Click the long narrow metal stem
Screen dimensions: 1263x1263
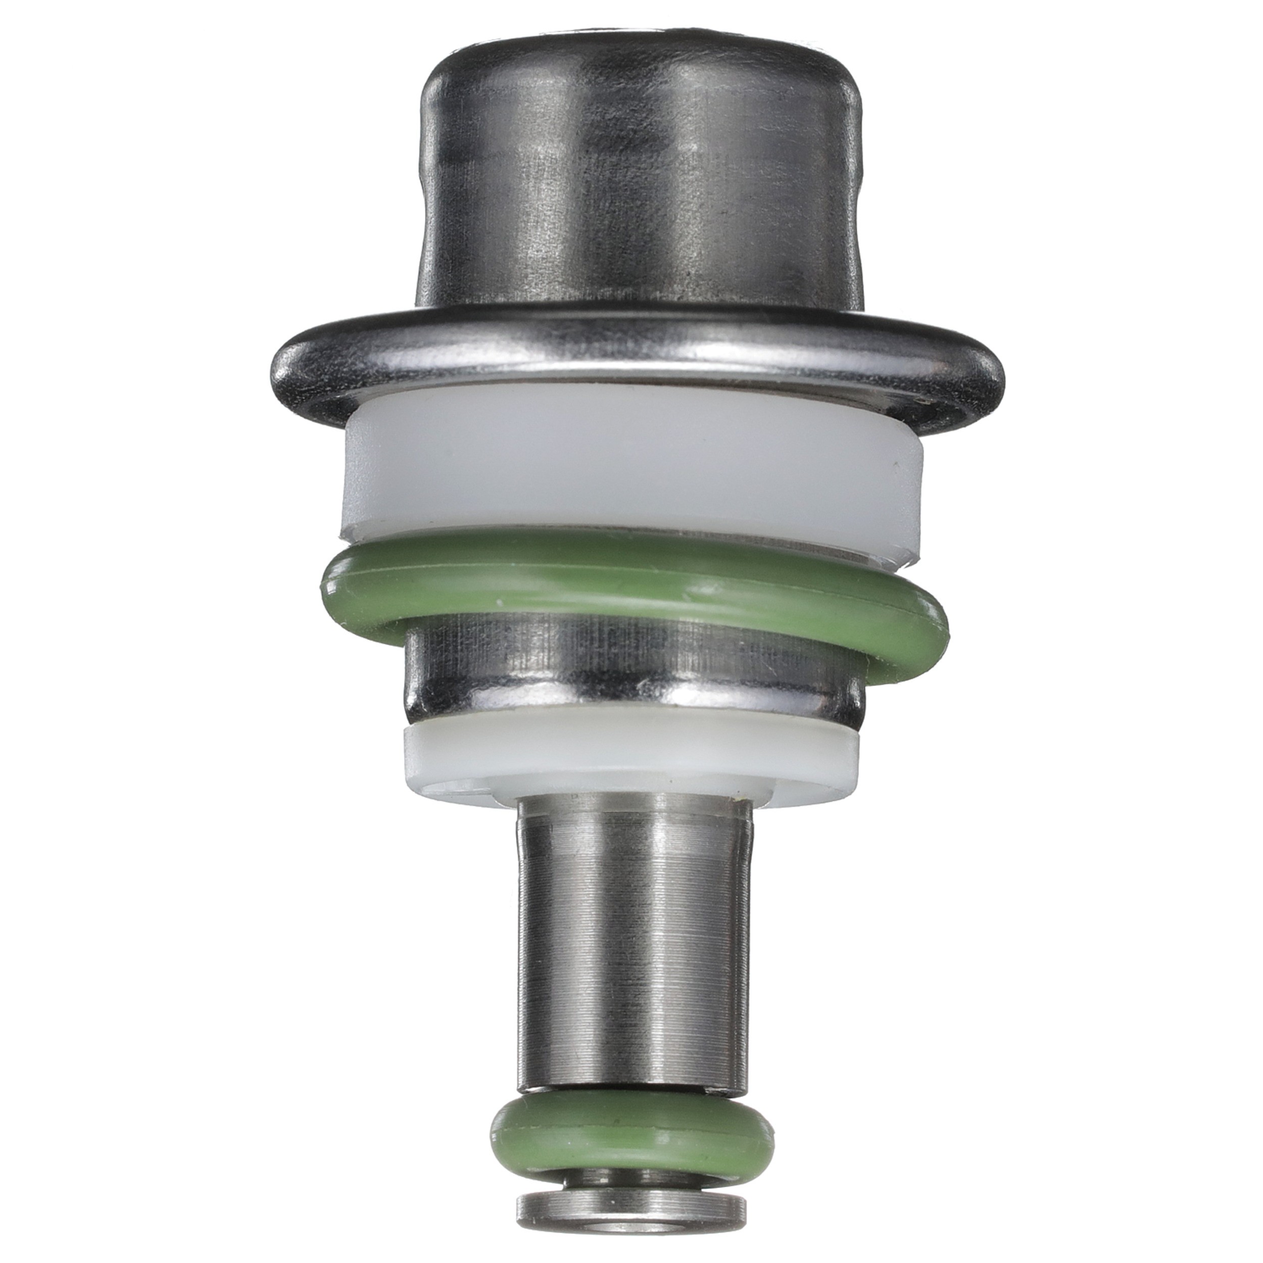point(633,915)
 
